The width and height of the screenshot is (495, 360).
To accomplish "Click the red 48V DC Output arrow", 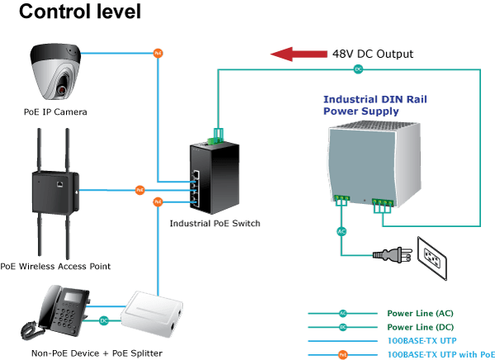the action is click(x=299, y=54).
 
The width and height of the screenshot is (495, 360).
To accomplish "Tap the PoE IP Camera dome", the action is click(x=55, y=72).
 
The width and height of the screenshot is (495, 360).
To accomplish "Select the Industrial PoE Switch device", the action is click(x=214, y=178).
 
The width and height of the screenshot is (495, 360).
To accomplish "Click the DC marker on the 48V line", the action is click(x=358, y=69).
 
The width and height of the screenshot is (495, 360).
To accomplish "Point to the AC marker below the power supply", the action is click(x=342, y=232).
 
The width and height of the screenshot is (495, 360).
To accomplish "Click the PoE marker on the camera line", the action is click(x=158, y=53).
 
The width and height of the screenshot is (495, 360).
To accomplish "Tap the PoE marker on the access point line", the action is click(x=140, y=190).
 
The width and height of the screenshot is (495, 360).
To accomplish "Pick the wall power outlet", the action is click(x=432, y=258).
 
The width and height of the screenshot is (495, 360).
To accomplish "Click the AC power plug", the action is click(x=393, y=254).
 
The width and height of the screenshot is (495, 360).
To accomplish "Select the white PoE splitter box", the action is click(x=152, y=314).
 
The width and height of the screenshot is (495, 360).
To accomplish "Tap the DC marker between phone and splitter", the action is click(x=104, y=321).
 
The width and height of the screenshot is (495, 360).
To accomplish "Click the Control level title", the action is click(x=80, y=12).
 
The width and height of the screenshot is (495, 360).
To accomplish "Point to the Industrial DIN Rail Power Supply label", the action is click(x=375, y=105).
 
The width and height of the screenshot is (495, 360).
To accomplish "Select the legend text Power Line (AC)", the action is click(x=420, y=313).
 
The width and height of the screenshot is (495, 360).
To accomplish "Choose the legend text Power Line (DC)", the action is click(x=421, y=327).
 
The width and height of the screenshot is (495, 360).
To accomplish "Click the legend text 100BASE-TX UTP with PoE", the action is click(x=441, y=354).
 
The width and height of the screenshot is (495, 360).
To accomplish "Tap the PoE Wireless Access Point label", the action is click(x=55, y=266).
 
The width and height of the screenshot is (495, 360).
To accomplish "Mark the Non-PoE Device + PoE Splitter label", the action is click(x=97, y=353).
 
